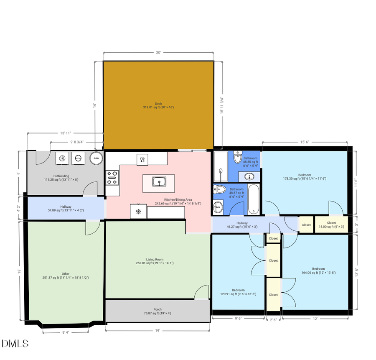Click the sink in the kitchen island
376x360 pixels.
159,182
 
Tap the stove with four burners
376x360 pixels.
112,177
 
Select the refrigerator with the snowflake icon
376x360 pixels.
138,211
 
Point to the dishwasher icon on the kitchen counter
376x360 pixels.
142,159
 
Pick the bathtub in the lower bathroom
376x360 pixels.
254,199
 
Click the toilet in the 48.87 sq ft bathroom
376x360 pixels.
220,189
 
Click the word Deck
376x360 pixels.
158,104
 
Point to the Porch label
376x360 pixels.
158,309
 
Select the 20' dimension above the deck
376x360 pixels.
158,53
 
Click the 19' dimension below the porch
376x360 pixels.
158,330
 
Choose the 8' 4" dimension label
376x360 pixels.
66,332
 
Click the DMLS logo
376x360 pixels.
15,344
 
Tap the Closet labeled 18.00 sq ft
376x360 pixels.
331,225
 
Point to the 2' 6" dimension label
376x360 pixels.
273,319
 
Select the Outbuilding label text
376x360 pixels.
61,176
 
